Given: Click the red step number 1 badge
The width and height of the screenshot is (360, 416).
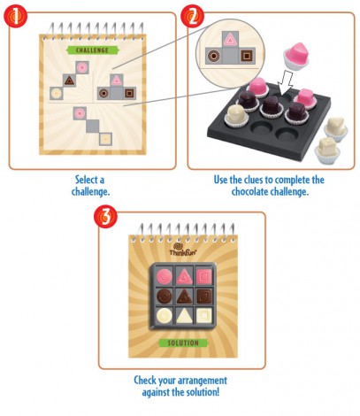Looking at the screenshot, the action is tap(15, 16).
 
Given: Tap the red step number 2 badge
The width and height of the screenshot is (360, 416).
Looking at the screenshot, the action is tap(192, 16).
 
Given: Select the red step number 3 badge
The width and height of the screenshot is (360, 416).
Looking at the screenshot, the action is tap(105, 216).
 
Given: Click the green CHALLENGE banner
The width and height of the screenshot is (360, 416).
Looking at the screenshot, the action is tap(92, 50).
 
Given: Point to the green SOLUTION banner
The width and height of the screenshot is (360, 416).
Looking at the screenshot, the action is tap(183, 343).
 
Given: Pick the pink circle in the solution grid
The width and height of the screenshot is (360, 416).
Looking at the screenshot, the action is tap(165, 276).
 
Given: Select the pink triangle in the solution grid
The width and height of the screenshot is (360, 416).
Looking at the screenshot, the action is tap(184, 277).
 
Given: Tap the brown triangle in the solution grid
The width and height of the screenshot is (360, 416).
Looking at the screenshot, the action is tap(184, 297).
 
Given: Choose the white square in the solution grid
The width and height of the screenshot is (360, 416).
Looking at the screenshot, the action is tap(204, 316).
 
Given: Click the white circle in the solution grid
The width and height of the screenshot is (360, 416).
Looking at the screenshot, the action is tap(165, 316).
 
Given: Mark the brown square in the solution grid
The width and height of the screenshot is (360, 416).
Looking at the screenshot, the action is tap(204, 297).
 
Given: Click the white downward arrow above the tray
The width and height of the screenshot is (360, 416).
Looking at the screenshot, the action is tap(285, 83).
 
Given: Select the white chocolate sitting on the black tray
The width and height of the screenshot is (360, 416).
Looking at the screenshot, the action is tap(236, 116).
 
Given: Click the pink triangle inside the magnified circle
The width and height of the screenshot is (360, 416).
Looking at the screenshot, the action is tap(230, 40).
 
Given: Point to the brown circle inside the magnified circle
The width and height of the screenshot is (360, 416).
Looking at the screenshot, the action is tap(213, 56).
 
